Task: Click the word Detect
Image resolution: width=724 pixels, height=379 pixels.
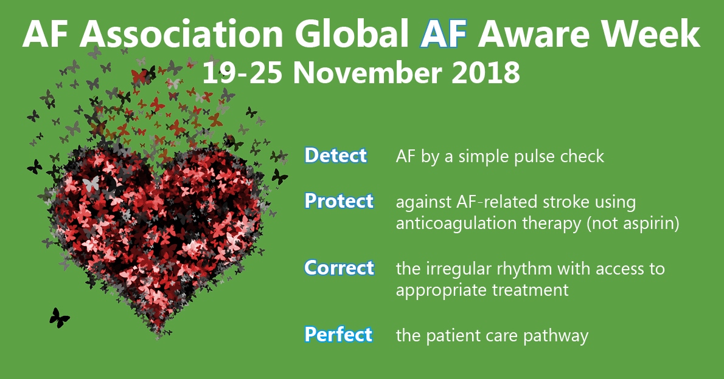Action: coord(336,155)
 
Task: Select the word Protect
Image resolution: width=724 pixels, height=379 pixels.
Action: coord(339,201)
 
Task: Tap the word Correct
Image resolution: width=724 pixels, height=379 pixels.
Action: coord(339,268)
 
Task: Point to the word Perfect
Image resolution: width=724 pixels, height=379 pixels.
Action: coord(338,335)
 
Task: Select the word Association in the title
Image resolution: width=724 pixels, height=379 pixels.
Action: coord(181,34)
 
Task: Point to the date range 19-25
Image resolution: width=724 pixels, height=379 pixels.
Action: coord(242,73)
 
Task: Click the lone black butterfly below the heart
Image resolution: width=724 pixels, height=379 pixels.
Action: coord(59,318)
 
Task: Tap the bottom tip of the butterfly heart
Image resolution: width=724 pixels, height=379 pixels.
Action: coord(158,336)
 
